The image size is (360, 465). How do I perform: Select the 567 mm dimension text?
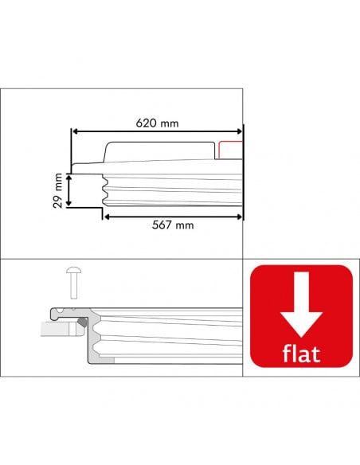[x=173, y=225]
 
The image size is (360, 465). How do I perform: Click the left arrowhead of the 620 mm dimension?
[x=76, y=132]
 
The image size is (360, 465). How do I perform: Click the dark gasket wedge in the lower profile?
[x=82, y=324]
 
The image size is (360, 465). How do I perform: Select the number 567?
[x=163, y=225]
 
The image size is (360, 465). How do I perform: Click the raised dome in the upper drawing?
[x=159, y=151]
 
